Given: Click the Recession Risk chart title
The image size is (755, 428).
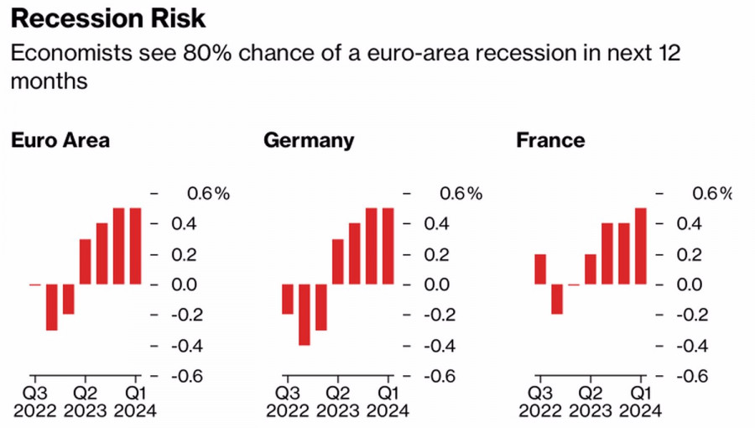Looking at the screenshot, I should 108,18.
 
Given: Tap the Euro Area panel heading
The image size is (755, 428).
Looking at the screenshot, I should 60,140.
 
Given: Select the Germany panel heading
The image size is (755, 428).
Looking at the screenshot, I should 309,140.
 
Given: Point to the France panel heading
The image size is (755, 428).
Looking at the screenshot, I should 549,140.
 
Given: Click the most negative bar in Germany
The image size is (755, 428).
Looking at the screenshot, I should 305,315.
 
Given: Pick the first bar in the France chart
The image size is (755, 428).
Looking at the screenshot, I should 540,269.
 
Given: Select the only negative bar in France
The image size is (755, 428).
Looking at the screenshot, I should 557,299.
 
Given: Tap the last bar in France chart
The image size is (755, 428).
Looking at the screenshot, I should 641,246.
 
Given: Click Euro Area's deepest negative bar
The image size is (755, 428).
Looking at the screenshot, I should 52,307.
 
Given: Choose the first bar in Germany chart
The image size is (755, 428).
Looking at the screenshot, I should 288,299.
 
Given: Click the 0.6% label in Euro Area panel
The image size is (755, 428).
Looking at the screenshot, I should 207,194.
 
